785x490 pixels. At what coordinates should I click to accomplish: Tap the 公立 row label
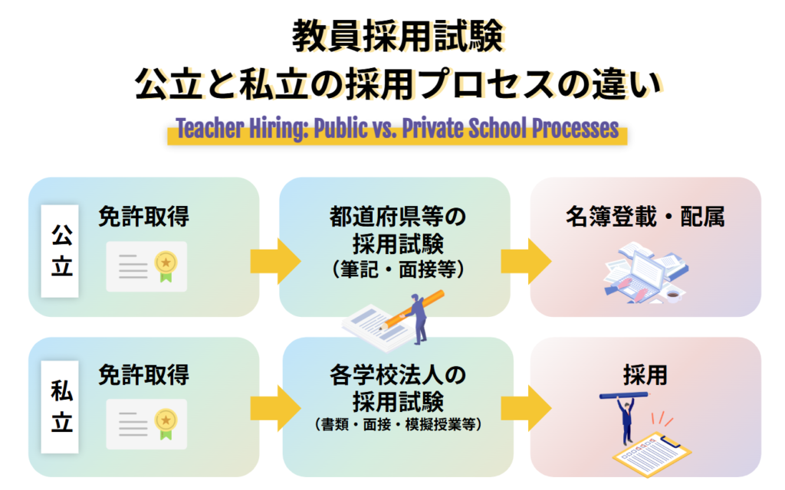point(61,247)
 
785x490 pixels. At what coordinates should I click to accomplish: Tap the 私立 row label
point(61,406)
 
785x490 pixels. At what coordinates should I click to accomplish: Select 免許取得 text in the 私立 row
point(143,375)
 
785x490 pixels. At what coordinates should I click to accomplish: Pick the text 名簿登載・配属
point(645,217)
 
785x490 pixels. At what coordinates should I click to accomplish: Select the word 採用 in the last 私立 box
point(645,376)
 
